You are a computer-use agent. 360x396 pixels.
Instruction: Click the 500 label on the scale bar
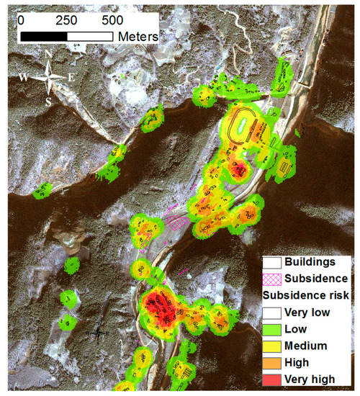click(112, 19)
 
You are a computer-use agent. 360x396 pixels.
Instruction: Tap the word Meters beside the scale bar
click(139, 35)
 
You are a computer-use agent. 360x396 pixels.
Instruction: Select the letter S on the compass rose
click(49, 101)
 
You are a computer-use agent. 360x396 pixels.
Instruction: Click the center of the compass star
click(48, 77)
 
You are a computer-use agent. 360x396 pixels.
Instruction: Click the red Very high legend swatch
click(271, 378)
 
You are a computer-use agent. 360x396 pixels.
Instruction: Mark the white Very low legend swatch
click(271, 312)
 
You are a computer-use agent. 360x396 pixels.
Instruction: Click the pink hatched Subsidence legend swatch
click(271, 278)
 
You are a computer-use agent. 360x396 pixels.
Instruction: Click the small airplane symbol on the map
click(99, 333)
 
